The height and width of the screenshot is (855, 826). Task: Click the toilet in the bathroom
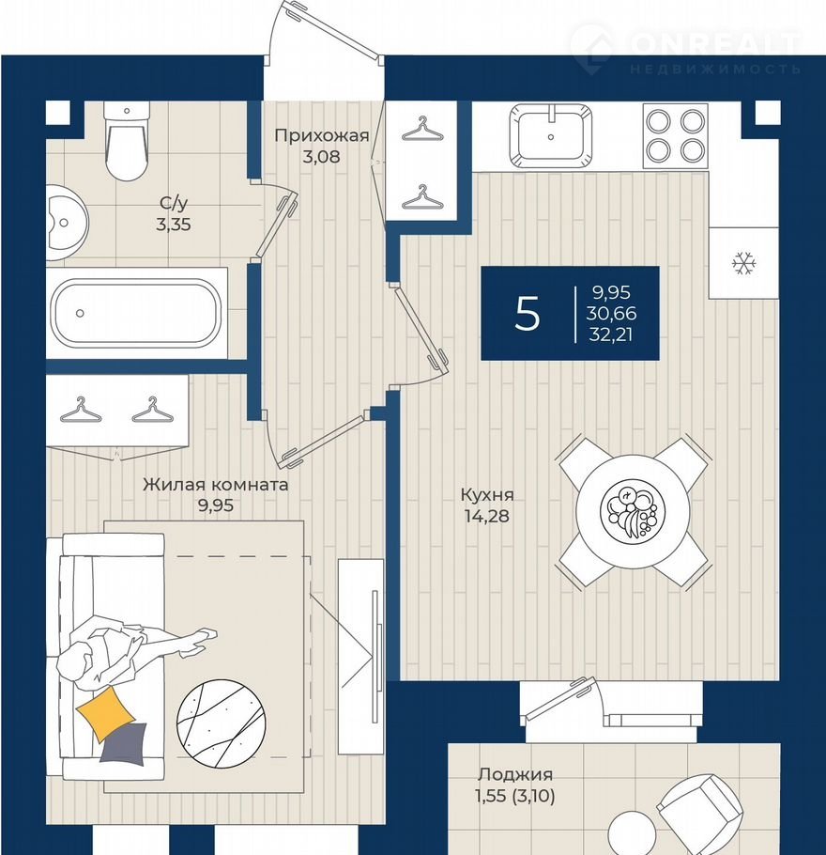tap(127, 141)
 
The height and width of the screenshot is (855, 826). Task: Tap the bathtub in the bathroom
tap(136, 313)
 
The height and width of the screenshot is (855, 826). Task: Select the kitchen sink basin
tap(551, 134)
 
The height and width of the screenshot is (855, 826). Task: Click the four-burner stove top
tap(676, 135)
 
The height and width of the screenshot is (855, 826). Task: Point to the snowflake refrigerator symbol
tap(743, 263)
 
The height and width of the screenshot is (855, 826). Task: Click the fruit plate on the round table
tap(633, 511)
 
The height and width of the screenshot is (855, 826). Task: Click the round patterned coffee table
tap(222, 723)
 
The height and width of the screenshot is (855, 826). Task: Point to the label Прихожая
tap(321, 135)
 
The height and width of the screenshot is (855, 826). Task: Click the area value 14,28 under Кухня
tap(487, 515)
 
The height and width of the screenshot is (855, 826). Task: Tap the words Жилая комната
tap(215, 484)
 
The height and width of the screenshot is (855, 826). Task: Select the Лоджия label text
tap(515, 774)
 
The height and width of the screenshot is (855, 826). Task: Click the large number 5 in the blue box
tap(527, 313)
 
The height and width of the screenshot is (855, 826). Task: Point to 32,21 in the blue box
tap(611, 334)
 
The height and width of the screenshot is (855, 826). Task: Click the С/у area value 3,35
tap(174, 225)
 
